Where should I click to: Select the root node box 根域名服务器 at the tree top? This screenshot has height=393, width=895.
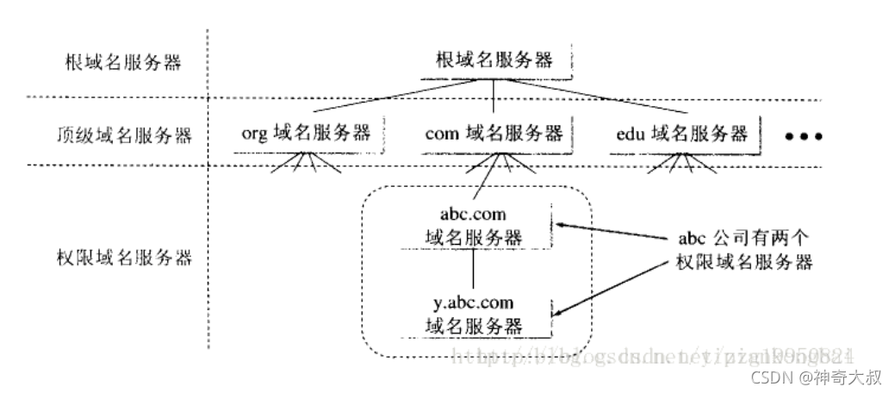pyautogui.click(x=492, y=62)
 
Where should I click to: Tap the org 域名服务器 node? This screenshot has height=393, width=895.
pyautogui.click(x=307, y=134)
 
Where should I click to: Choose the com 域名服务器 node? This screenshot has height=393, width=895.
pyautogui.click(x=494, y=134)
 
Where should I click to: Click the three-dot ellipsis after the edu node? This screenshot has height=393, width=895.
pyautogui.click(x=805, y=136)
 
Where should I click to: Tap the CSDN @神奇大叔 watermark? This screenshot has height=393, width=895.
pyautogui.click(x=816, y=377)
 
